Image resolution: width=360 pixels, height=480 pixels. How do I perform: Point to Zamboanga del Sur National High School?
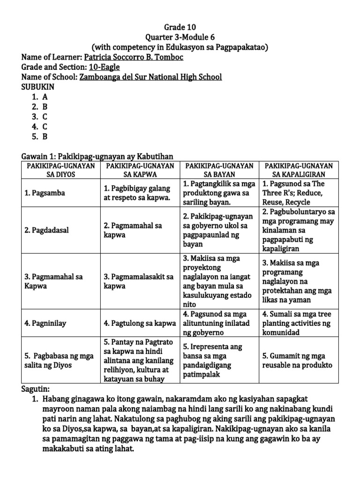150,77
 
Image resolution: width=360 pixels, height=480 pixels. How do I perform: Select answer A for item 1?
45,97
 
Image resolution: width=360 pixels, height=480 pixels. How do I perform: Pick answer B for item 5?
45,137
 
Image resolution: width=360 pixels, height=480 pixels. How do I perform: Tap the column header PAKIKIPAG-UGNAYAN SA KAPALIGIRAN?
299,170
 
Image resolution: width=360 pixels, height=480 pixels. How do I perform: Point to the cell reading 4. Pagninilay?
44,323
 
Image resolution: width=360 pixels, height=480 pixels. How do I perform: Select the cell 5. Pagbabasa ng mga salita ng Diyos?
57,360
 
